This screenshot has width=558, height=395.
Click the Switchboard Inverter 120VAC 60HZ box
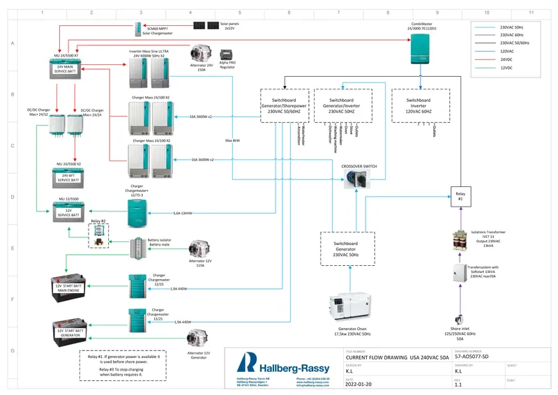[421, 105]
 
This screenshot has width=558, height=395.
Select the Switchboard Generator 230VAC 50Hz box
[347, 248]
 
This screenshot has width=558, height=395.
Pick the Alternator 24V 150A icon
[202, 56]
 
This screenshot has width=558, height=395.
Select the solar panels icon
[206, 26]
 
